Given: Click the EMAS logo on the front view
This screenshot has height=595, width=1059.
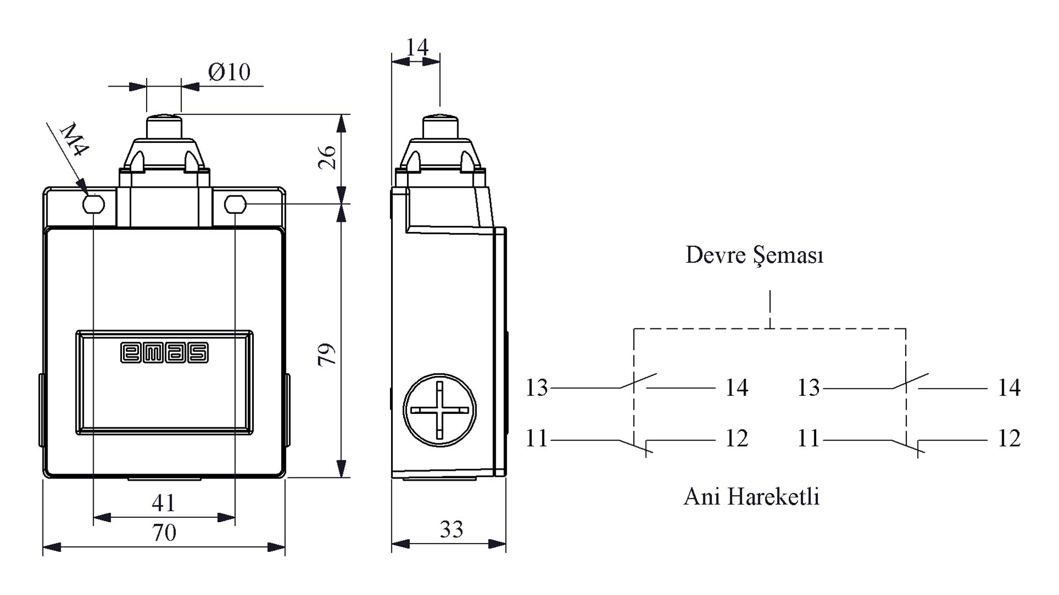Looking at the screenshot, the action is pos(164,353).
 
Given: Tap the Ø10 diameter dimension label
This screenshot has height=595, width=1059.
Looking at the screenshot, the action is pos(229,72).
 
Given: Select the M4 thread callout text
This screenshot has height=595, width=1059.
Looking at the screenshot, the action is pos(74,140).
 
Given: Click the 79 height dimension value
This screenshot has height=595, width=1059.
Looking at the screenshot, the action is pos(327,354).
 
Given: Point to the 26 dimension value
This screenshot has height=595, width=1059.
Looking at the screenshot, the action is pos(327,157).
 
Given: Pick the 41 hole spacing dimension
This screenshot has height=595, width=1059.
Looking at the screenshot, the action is pos(163,503).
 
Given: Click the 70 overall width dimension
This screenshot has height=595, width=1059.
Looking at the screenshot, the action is pos(164,533).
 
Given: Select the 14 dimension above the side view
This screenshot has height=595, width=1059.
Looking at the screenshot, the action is pos(417,47).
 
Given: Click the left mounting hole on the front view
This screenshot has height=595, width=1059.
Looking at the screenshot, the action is pos(93,204).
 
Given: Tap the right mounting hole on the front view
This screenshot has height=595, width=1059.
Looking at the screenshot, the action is pos(235,204).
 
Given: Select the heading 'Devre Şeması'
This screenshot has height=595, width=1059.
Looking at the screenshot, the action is pos(754,256).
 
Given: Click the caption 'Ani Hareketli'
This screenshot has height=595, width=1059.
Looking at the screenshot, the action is pos(751,497).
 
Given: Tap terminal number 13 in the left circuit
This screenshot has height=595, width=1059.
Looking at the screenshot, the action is pos(537,388).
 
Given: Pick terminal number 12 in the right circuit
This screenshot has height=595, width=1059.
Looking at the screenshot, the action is pos(1009,439).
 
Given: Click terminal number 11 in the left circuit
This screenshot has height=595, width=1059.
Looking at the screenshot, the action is pos(537,439).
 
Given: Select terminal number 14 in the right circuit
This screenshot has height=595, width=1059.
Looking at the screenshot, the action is pos(1009,388).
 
